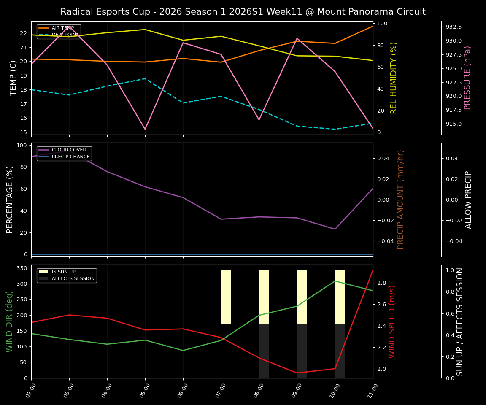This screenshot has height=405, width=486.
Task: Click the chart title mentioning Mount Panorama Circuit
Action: pos(243,12)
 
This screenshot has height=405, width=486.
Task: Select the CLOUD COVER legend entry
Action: pos(69,150)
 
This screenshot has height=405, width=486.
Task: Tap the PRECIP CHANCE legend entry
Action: pos(70,157)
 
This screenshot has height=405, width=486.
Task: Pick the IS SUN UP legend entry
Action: pos(63,272)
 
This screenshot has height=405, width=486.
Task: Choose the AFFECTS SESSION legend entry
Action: pos(73,278)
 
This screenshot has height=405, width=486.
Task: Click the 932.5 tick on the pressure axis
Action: pos(454,27)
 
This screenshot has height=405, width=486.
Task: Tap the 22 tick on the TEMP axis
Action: pos(24,33)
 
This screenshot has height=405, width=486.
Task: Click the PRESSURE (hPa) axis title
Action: pos(467,78)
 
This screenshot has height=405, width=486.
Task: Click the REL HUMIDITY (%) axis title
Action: pos(394,78)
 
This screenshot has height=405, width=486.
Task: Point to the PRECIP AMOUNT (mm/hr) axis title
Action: pos(400,199)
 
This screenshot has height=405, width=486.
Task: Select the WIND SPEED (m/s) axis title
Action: pos(392,321)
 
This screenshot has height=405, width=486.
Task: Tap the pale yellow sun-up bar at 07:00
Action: pos(226,297)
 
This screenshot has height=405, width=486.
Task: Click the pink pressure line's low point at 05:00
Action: pos(145,129)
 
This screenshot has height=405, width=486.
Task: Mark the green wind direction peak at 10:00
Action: pos(335,281)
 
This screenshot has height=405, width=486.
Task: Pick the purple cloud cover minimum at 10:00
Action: pos(335,229)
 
